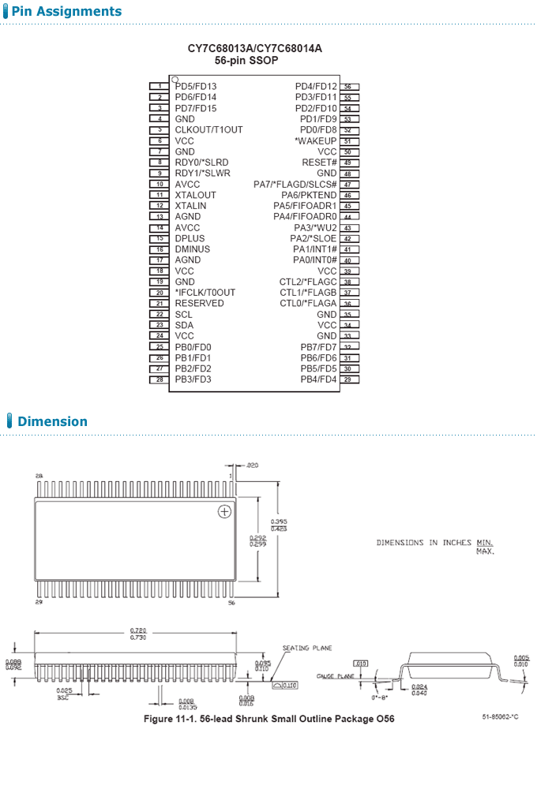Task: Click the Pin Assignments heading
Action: (x=66, y=11)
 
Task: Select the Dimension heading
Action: (x=52, y=421)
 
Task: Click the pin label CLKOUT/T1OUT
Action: (x=208, y=129)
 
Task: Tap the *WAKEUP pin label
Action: (x=316, y=140)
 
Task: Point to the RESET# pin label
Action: (x=319, y=163)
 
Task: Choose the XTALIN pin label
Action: (x=190, y=206)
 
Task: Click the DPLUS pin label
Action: (x=190, y=238)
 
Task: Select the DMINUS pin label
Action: (x=192, y=249)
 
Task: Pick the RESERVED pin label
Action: (x=199, y=303)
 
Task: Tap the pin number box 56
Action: (x=348, y=87)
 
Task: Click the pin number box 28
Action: (x=160, y=379)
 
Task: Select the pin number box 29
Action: (x=348, y=379)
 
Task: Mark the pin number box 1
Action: (x=160, y=86)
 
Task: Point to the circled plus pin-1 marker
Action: (x=224, y=512)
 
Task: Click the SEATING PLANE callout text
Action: (x=307, y=648)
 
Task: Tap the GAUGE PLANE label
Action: (x=335, y=676)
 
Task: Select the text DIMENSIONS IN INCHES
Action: (x=424, y=543)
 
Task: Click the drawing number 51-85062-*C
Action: (x=500, y=716)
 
